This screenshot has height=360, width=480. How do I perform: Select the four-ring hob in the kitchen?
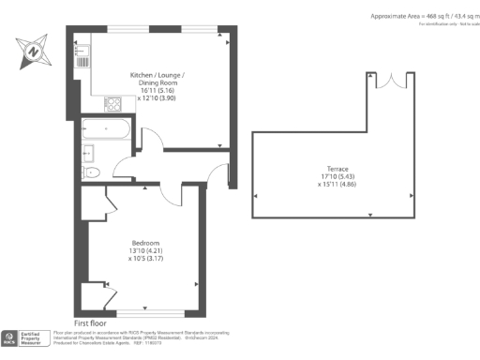pos(113,104)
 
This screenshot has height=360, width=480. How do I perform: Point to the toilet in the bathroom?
pos(91,172)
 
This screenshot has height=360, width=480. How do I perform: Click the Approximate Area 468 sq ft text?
pos(423,17)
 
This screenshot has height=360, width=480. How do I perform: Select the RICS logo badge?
pos(10,337)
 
